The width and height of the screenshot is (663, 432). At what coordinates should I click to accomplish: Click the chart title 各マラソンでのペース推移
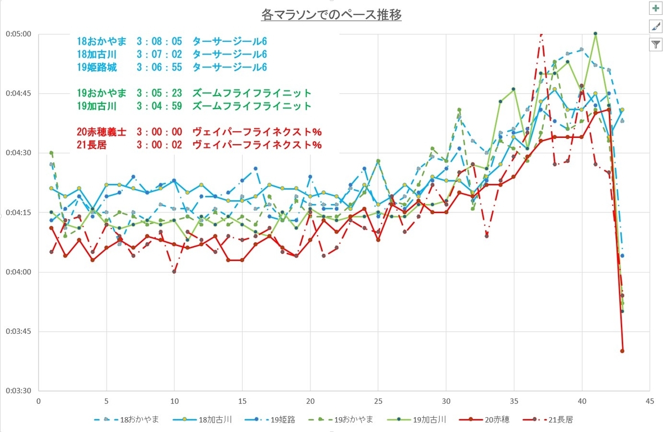point(331,15)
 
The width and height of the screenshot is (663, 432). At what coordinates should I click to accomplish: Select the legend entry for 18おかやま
point(127,420)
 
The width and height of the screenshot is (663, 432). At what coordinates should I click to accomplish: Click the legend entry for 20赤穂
point(484,420)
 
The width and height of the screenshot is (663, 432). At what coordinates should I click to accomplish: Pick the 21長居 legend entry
point(548,420)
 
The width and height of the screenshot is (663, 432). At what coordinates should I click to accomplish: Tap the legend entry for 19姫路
point(270,420)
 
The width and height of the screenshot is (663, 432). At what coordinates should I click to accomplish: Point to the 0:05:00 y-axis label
point(18,34)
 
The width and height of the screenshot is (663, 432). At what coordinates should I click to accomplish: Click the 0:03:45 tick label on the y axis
point(18,331)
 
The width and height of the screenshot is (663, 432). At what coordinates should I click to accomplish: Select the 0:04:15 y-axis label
point(18,212)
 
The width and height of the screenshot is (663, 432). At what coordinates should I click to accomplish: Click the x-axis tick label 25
point(378,401)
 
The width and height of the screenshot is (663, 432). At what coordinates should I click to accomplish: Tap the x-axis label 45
point(650,401)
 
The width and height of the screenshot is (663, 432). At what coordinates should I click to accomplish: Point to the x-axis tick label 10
point(175,401)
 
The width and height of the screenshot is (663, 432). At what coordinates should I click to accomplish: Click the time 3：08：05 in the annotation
point(159,41)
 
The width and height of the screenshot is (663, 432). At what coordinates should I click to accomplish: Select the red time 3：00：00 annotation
point(159,132)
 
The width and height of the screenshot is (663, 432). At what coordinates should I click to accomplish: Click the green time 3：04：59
point(159,106)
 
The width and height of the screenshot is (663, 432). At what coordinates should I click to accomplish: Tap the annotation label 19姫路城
point(97,67)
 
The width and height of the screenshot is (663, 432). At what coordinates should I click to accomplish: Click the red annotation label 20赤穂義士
point(102,132)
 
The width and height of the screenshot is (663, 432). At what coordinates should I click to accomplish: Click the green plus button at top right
point(656,8)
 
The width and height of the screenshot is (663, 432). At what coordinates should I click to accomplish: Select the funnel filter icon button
point(656,45)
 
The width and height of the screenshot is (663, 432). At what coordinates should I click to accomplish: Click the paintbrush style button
point(656,26)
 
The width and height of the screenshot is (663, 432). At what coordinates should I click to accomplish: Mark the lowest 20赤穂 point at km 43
point(622,351)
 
